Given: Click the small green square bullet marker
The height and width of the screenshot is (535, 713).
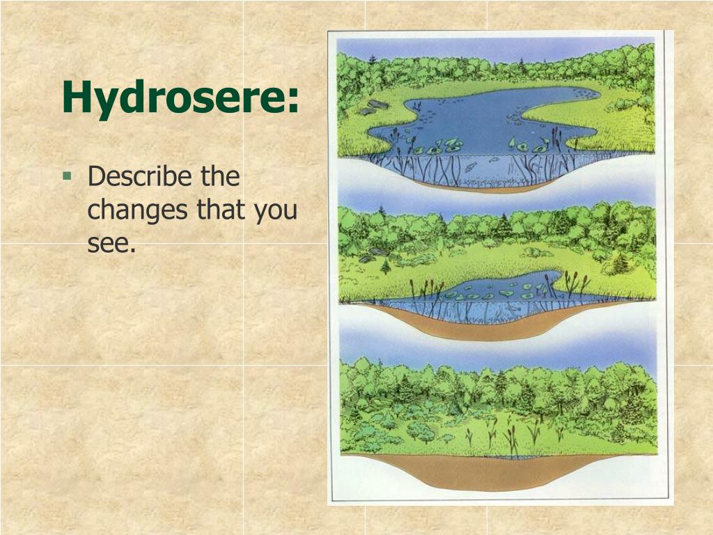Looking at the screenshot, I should [x=67, y=176].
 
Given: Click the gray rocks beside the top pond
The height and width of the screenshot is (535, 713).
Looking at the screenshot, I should [x=373, y=108].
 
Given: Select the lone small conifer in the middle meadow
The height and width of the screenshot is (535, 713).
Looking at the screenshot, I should [x=385, y=267].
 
